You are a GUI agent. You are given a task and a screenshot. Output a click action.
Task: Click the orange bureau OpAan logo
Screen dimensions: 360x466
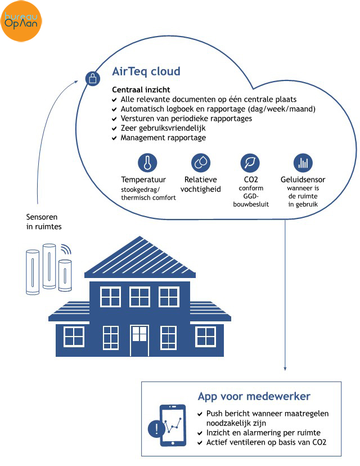[x=21, y=21]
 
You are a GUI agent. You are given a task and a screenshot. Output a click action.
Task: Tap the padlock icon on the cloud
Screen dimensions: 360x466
[x=93, y=79]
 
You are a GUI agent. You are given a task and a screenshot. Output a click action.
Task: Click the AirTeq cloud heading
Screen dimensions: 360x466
[x=146, y=71]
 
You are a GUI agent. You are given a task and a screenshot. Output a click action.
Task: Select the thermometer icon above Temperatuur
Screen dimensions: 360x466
[x=147, y=163]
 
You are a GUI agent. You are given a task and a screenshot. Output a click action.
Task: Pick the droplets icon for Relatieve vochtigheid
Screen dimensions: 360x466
[x=201, y=163]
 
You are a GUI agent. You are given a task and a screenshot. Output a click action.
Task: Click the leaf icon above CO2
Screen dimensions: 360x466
[x=250, y=163]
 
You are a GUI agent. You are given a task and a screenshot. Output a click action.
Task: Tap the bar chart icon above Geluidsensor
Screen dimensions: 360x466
[x=303, y=163]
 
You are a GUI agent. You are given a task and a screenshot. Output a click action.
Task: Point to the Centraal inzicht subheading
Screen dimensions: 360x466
[x=141, y=89]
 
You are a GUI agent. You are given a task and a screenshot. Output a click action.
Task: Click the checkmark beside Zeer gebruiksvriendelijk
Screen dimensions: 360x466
[x=114, y=128]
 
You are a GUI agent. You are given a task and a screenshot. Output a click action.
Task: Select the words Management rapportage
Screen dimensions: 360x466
[x=163, y=138]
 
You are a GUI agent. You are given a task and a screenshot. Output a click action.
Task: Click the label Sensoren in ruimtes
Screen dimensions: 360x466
[x=44, y=222]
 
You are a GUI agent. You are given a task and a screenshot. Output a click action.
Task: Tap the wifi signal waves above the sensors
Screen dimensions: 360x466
[x=66, y=249]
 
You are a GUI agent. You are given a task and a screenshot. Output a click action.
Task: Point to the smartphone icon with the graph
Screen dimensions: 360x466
[x=173, y=425]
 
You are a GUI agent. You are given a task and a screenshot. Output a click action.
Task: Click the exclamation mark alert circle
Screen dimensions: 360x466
[x=156, y=428]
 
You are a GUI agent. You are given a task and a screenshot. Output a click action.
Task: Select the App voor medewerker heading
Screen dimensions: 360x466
[x=254, y=396]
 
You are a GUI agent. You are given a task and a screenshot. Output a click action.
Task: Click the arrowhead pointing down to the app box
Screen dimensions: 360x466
[x=285, y=369]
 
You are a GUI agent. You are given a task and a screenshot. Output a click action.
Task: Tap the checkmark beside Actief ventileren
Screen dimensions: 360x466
[x=200, y=442]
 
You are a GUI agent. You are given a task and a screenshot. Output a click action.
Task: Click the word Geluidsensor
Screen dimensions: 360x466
[x=303, y=180]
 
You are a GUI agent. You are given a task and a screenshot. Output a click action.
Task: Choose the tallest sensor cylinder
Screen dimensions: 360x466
[x=49, y=266]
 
